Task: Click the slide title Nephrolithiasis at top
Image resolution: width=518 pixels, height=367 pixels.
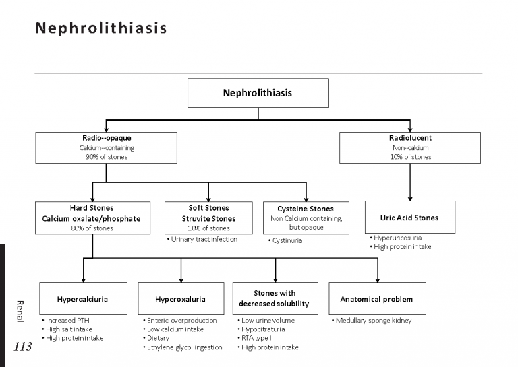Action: click(x=100, y=29)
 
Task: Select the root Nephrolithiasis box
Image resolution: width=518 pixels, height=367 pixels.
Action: click(x=258, y=93)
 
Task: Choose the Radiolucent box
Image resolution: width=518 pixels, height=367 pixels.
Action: click(x=410, y=147)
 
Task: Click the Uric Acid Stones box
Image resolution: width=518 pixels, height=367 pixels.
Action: click(x=409, y=218)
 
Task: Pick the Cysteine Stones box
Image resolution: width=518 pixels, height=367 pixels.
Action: click(x=306, y=218)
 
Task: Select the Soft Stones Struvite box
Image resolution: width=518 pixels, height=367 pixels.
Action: click(x=208, y=218)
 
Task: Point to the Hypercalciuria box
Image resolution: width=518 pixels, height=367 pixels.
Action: click(x=83, y=298)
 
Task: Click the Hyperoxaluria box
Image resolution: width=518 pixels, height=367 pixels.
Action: click(x=180, y=298)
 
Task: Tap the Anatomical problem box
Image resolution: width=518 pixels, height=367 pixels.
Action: click(x=376, y=298)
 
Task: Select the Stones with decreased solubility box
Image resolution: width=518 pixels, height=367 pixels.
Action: click(x=275, y=298)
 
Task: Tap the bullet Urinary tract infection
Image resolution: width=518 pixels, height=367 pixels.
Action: click(x=202, y=239)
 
